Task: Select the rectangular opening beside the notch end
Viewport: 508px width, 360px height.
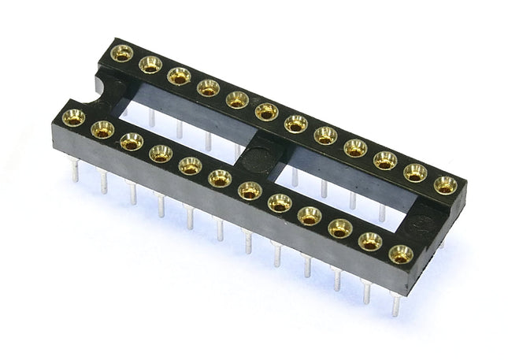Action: click(x=186, y=126)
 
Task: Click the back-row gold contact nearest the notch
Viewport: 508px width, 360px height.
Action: click(x=121, y=54)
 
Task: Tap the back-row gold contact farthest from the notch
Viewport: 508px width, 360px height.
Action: click(x=445, y=185)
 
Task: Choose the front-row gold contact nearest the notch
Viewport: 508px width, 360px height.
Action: click(x=73, y=117)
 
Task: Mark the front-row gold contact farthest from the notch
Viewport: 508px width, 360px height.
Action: click(x=400, y=254)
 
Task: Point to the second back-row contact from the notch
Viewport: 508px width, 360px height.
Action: click(x=150, y=65)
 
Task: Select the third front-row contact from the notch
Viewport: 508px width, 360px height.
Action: click(x=131, y=141)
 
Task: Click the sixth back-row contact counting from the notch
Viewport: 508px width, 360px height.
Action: click(x=266, y=112)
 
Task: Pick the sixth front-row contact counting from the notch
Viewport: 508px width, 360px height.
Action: click(x=220, y=178)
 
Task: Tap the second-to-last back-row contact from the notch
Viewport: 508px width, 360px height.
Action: click(x=415, y=173)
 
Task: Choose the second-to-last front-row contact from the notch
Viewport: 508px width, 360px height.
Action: click(x=370, y=241)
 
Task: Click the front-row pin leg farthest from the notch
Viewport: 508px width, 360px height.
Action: click(x=395, y=303)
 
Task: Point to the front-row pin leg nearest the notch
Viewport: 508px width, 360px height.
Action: click(x=75, y=170)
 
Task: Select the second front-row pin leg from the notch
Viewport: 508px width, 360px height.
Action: click(x=102, y=182)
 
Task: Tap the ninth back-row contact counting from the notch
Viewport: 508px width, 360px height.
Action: click(x=355, y=147)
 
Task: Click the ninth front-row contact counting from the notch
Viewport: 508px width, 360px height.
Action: click(x=310, y=215)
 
